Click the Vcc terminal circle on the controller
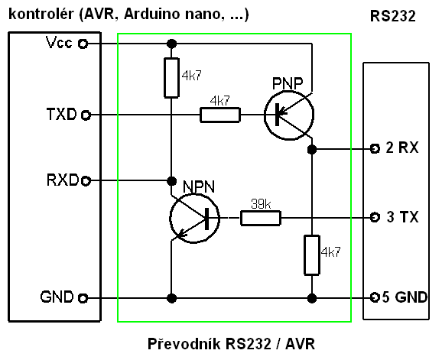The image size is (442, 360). pyautogui.click(x=83, y=44)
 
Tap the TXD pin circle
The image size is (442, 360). pyautogui.click(x=86, y=115)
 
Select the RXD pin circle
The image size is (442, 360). pyautogui.click(x=86, y=180)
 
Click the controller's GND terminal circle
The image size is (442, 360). pyautogui.click(x=83, y=298)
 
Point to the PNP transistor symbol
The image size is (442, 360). pyautogui.click(x=289, y=115)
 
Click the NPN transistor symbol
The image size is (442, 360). pyautogui.click(x=194, y=218)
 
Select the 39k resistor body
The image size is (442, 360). pyautogui.click(x=261, y=218)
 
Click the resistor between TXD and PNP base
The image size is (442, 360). pyautogui.click(x=220, y=115)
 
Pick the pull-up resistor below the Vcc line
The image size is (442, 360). pyautogui.click(x=171, y=78)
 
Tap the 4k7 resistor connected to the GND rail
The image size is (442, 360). pyautogui.click(x=312, y=255)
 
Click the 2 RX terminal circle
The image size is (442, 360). pyautogui.click(x=375, y=148)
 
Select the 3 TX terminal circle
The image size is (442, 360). pyautogui.click(x=375, y=217)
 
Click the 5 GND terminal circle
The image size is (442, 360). pyautogui.click(x=375, y=297)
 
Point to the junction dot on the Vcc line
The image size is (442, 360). pyautogui.click(x=171, y=44)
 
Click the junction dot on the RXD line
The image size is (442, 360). pyautogui.click(x=171, y=181)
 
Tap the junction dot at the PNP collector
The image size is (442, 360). pyautogui.click(x=312, y=149)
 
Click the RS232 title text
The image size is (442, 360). pyautogui.click(x=392, y=16)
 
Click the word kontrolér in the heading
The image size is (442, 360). pyautogui.click(x=41, y=14)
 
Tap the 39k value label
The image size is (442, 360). pyautogui.click(x=261, y=203)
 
